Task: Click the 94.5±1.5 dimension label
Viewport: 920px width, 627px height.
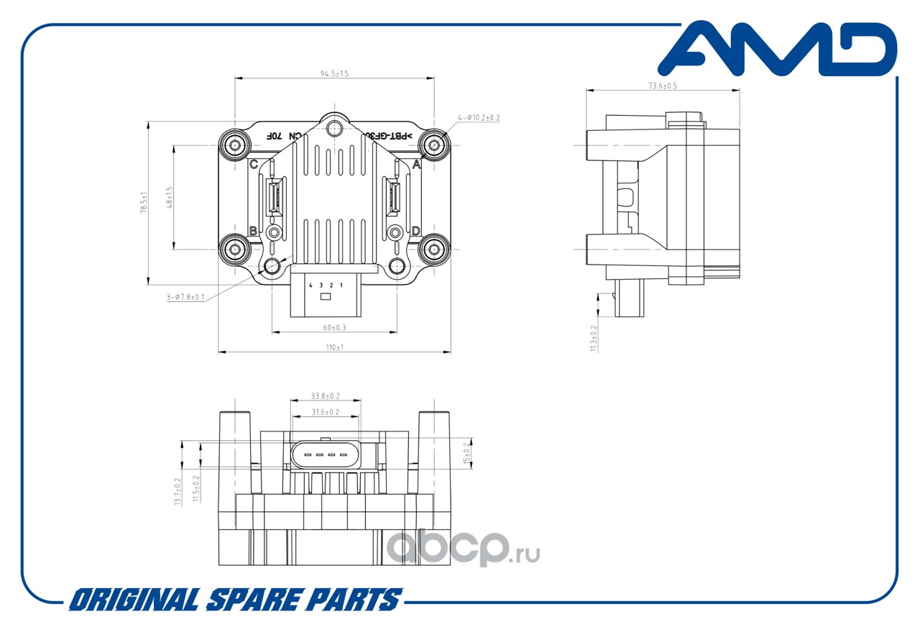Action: (x=334, y=73)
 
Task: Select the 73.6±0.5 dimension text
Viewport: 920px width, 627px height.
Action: (x=663, y=86)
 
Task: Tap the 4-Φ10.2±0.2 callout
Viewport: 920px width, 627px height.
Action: (x=479, y=117)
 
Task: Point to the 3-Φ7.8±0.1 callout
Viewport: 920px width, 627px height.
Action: (x=185, y=297)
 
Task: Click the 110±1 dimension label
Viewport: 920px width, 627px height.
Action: (x=334, y=347)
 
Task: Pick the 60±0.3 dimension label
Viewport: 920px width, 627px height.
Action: (x=334, y=328)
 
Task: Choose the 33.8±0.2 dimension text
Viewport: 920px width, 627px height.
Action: (x=325, y=395)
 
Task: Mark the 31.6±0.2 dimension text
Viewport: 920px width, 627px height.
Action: (x=325, y=412)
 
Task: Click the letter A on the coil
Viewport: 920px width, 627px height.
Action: (x=416, y=165)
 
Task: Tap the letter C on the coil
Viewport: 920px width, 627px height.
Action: (x=253, y=165)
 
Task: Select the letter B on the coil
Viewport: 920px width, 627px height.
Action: (x=253, y=231)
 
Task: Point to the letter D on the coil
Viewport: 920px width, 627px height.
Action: (x=415, y=231)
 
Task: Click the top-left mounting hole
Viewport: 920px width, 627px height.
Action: (x=234, y=145)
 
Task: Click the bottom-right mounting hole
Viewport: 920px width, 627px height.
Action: (x=434, y=250)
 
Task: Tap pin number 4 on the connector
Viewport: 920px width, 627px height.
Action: (x=310, y=285)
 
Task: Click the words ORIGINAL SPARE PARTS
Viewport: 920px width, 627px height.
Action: (x=234, y=600)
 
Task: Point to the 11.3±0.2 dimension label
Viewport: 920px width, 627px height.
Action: (x=594, y=338)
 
